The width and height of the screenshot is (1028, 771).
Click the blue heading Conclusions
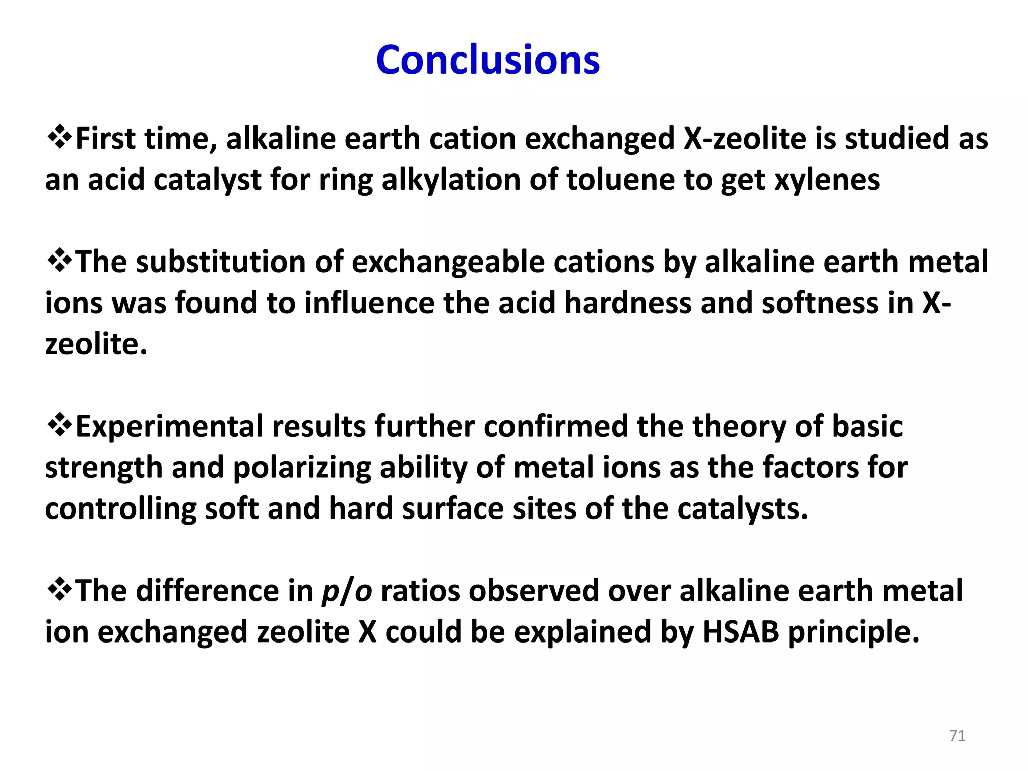pyautogui.click(x=488, y=60)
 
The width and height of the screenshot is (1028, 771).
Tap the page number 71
pyautogui.click(x=957, y=736)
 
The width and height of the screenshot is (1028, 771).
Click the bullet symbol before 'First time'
pyautogui.click(x=59, y=138)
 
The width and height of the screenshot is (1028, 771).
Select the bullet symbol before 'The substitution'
pyautogui.click(x=59, y=261)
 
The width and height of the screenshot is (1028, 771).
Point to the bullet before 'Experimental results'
pyautogui.click(x=59, y=426)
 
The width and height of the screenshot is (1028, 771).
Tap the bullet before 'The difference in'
pyautogui.click(x=59, y=590)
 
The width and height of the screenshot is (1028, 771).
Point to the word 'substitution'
pyautogui.click(x=220, y=262)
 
